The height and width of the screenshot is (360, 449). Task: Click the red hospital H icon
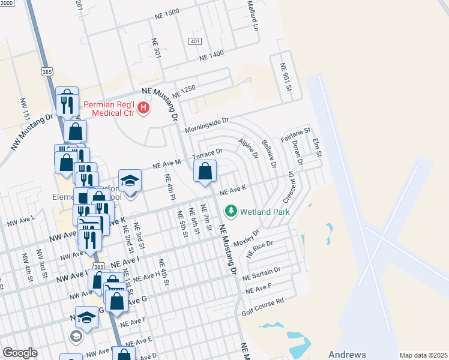click(143, 108)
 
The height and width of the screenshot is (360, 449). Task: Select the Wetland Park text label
click(265, 212)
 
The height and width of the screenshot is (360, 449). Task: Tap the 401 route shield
click(194, 41)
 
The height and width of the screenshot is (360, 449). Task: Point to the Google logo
click(20, 352)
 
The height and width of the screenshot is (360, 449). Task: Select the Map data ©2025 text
click(423, 355)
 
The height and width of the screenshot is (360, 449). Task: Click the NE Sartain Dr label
click(261, 274)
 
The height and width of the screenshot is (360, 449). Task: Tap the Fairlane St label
click(296, 131)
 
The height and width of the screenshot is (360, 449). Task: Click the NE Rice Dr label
click(260, 248)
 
